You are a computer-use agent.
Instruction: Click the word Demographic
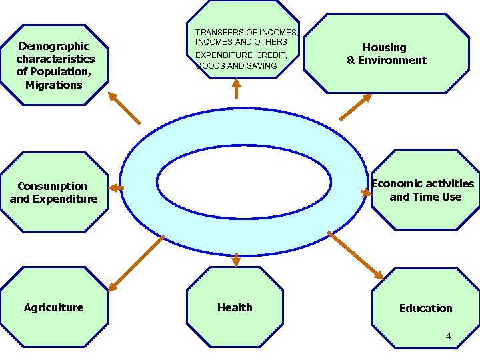54,46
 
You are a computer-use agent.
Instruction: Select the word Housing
384,47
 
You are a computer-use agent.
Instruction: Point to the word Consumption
53,186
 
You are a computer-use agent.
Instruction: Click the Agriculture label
53,307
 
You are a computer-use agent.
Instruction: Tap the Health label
235,307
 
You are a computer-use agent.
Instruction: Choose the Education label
425,308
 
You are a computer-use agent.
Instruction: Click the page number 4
448,337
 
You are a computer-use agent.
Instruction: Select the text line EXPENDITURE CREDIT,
241,55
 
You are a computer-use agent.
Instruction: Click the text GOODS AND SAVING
236,66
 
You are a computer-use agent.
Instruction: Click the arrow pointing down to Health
236,259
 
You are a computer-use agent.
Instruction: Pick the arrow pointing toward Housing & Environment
355,107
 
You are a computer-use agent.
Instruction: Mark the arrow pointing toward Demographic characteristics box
125,107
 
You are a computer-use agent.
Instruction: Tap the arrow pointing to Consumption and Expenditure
115,189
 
